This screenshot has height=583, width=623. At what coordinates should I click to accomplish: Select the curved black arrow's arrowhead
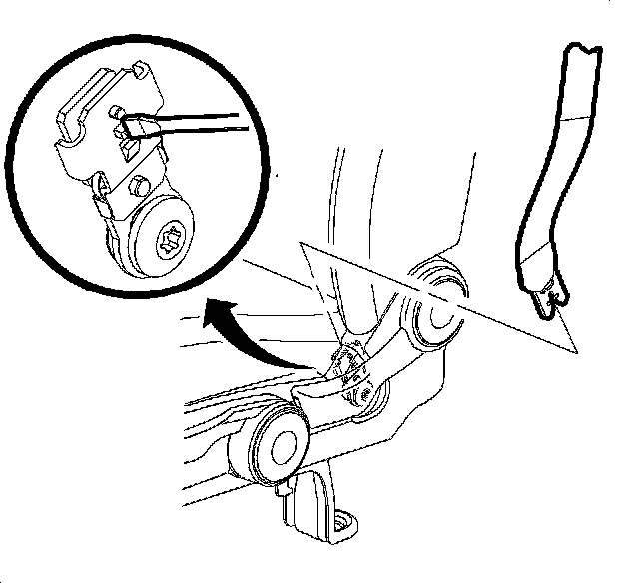pos(213,318)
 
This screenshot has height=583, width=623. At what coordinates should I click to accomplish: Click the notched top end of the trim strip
pos(582,50)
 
